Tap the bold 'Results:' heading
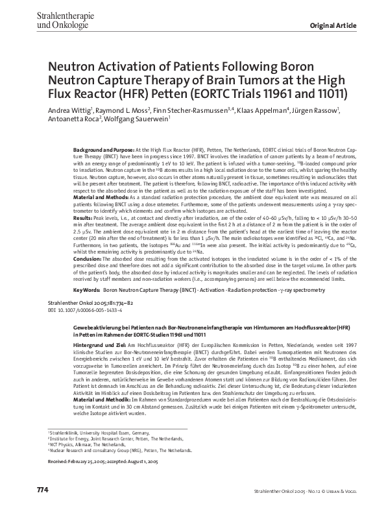click(82, 238)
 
